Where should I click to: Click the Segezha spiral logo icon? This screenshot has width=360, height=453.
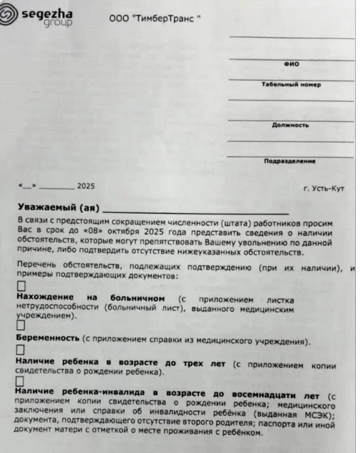coord(9,15)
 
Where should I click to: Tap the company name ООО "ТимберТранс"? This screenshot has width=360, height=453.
coord(155,19)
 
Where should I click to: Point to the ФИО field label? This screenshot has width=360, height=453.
coord(291,64)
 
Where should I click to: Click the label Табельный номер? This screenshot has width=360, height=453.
coord(291,85)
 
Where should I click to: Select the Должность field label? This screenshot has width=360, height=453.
coord(290,125)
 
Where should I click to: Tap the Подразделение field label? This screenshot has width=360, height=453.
coord(290,162)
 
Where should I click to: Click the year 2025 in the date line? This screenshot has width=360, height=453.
coord(86,186)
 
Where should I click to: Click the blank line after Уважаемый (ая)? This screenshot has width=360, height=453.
coord(195,210)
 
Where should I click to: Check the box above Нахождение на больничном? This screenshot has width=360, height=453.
coord(21,286)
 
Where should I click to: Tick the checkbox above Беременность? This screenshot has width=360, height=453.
coord(21,325)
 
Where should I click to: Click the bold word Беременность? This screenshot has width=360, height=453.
coord(47,338)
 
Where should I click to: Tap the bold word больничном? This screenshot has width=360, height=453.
coord(138,298)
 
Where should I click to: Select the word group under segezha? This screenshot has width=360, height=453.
coord(58,23)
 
